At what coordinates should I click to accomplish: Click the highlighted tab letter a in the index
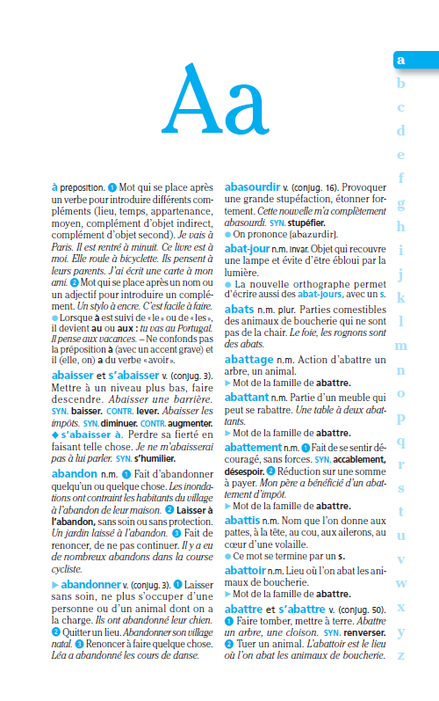401,60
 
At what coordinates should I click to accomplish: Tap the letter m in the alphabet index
401,346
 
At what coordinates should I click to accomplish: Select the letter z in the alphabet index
401,654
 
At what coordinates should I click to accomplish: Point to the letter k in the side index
401,297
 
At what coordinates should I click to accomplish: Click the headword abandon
75,473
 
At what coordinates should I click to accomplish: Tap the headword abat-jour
248,249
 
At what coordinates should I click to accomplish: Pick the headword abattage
250,360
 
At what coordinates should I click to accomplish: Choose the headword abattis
247,520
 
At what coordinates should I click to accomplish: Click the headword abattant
249,397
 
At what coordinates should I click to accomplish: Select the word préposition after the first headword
83,187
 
